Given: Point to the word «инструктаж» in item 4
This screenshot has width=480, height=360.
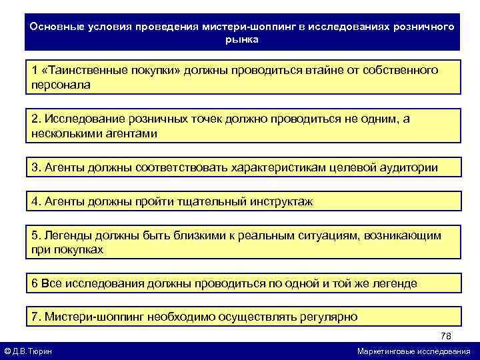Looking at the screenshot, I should coord(279,201).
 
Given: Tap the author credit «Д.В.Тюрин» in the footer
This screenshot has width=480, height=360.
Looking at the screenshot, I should coord(33,351).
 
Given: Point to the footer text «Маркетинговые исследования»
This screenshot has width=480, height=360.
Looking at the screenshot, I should coord(413,351).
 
